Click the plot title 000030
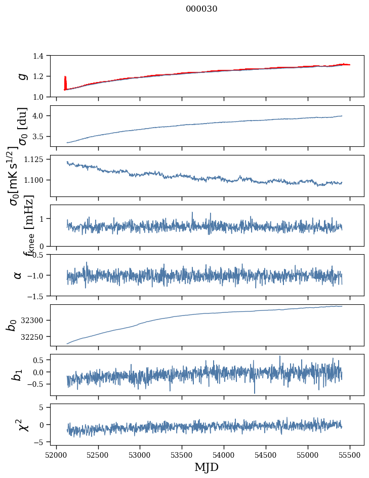[201, 9]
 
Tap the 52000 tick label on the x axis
[56, 454]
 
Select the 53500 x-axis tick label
[182, 454]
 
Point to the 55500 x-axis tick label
[350, 454]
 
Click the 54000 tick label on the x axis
[224, 454]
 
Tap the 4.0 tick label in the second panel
[39, 116]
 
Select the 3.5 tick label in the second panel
[39, 137]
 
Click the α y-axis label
[18, 275]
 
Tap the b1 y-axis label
[18, 375]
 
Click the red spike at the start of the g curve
[65, 81]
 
